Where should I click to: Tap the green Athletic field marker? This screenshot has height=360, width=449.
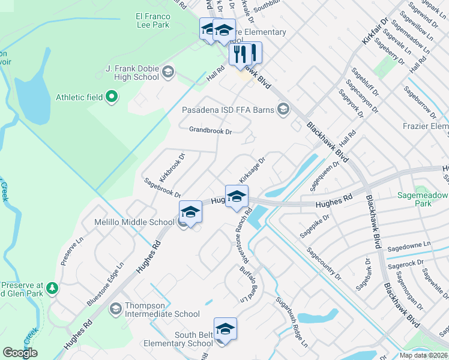click(x=111, y=97)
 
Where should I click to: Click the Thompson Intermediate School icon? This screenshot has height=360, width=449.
click(x=115, y=309)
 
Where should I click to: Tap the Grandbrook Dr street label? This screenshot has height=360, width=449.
click(x=210, y=130)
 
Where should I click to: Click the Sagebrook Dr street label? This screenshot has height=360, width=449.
click(x=161, y=187)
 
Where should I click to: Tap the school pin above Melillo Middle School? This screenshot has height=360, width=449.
click(x=190, y=212)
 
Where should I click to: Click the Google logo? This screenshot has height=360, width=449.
click(x=20, y=352)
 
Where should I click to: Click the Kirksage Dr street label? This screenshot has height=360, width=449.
click(x=252, y=172)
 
